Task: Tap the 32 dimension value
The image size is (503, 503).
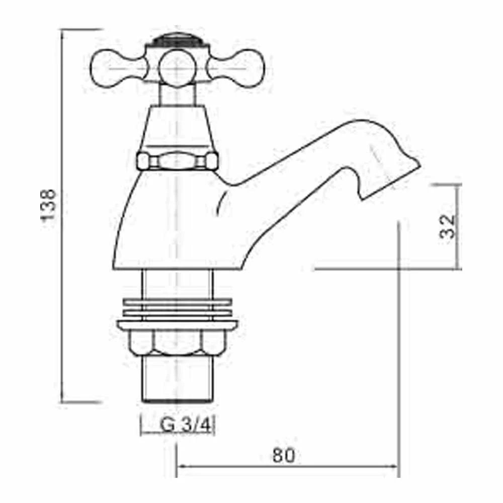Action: pos(447,226)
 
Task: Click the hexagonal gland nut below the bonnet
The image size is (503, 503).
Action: pos(178,161)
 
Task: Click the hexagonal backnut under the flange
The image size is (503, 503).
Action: pos(178,343)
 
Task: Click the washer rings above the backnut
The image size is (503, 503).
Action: pos(178,308)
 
